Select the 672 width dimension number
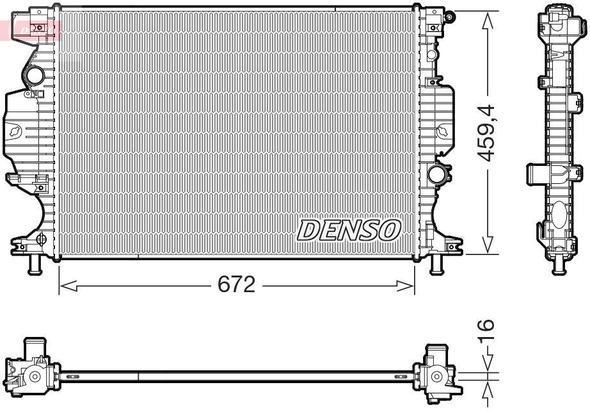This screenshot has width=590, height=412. (x=236, y=285)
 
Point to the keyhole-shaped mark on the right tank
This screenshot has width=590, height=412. (x=443, y=132)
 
